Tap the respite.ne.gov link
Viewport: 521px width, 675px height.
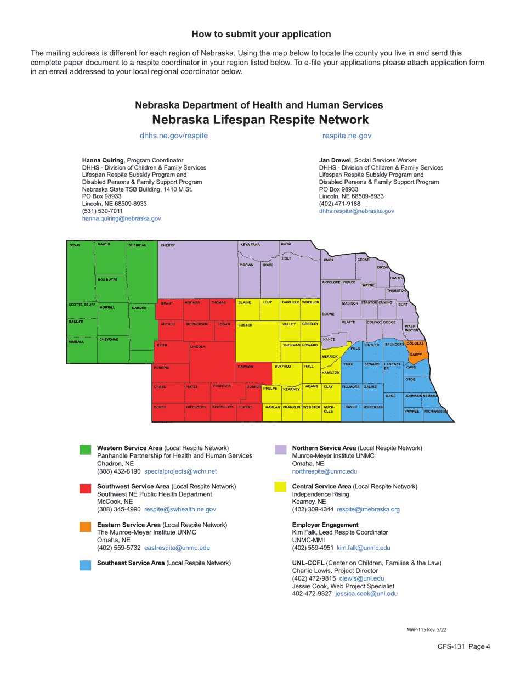tap(347, 135)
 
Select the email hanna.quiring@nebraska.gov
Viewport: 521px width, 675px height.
tap(121, 218)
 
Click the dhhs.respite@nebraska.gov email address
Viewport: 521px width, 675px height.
tap(356, 211)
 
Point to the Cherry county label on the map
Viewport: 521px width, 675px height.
tap(167, 245)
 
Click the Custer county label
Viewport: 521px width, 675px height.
tap(245, 325)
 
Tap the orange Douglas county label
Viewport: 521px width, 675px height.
tap(415, 344)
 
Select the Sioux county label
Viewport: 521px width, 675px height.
tap(75, 245)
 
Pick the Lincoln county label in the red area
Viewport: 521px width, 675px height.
tap(197, 347)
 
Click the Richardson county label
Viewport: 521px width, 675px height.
tap(436, 411)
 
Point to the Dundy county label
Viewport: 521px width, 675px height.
tap(160, 407)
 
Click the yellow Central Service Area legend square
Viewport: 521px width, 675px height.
tap(280, 487)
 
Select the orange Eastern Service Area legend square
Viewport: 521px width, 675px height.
tap(85, 527)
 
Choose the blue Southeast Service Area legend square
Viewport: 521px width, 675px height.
tap(85, 565)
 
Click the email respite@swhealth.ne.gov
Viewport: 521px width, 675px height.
tap(180, 509)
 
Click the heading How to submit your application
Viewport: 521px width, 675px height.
tap(261, 35)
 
